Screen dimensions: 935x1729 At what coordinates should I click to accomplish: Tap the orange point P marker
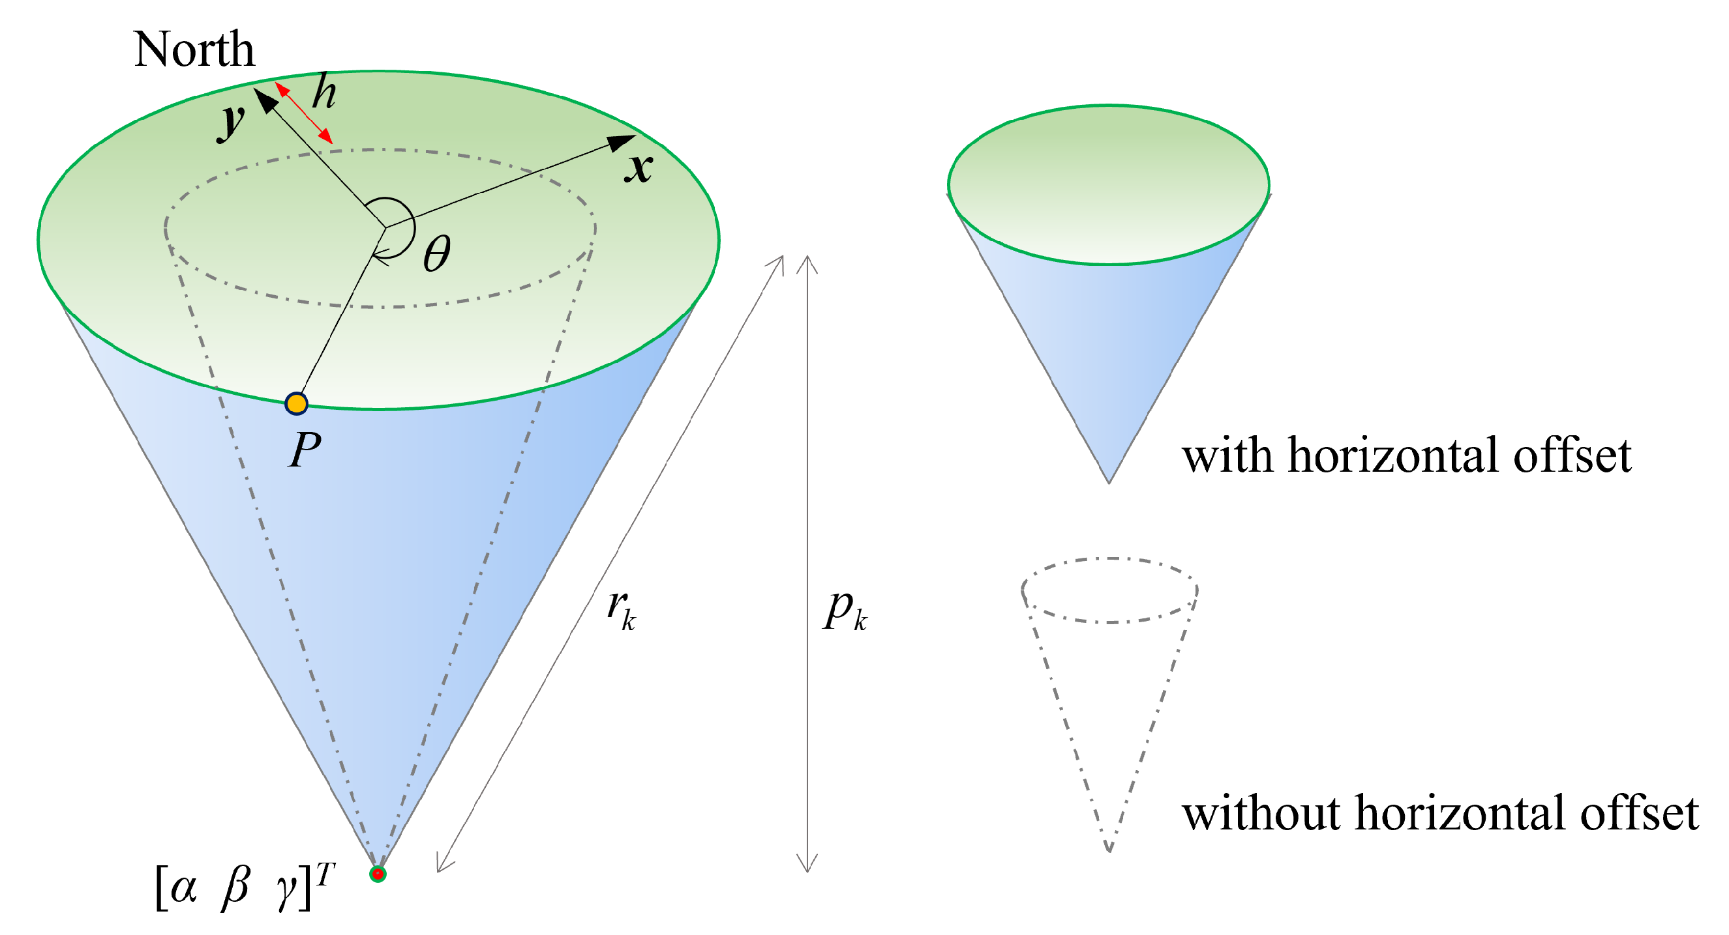click(296, 404)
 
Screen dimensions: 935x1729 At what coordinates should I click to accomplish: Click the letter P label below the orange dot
click(305, 450)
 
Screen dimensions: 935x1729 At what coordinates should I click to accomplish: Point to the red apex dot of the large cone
click(378, 874)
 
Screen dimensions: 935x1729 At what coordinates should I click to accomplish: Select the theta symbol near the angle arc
click(437, 254)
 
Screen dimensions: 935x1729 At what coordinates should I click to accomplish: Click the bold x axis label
click(639, 167)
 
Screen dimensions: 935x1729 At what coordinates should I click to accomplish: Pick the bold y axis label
click(232, 122)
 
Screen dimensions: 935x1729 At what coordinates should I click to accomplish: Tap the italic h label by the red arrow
click(324, 92)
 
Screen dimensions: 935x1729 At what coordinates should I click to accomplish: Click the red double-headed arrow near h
click(304, 113)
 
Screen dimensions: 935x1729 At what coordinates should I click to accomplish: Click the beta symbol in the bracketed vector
click(235, 888)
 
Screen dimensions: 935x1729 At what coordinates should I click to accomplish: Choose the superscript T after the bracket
click(325, 874)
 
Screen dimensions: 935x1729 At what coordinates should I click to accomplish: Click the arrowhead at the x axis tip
click(620, 142)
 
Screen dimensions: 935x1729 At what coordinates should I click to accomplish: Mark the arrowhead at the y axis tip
click(267, 102)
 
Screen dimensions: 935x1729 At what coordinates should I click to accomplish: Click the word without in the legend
click(1263, 813)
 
